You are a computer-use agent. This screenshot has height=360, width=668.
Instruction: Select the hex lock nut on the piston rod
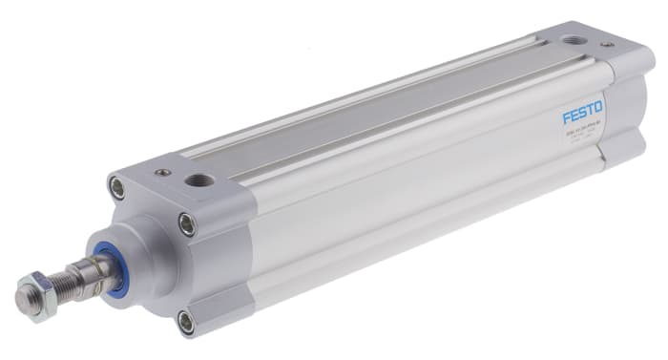point(35,285)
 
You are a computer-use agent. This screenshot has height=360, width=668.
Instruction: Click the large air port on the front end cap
point(198,180)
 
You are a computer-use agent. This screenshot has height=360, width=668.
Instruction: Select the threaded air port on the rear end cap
point(574,40)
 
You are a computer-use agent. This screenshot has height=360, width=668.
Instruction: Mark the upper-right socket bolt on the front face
point(188,225)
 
